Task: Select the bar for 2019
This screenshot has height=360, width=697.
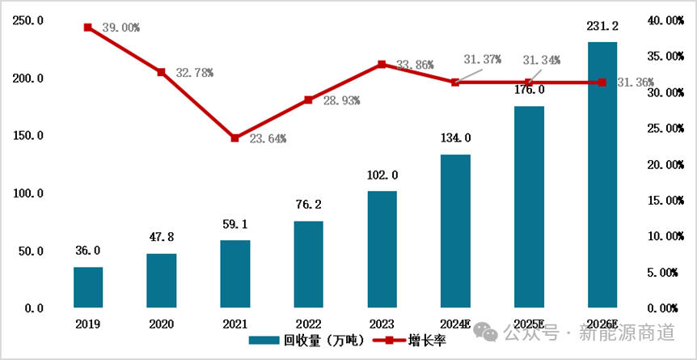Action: [x=88, y=287]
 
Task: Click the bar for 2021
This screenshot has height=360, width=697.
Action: [x=235, y=274]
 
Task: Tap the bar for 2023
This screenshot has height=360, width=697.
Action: [x=382, y=249]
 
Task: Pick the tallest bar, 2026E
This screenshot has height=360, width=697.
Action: [x=602, y=175]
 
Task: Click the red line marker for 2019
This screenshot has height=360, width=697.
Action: [x=88, y=28]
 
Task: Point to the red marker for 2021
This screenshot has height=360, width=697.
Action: [x=235, y=138]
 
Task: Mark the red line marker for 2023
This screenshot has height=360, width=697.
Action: [x=382, y=64]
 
